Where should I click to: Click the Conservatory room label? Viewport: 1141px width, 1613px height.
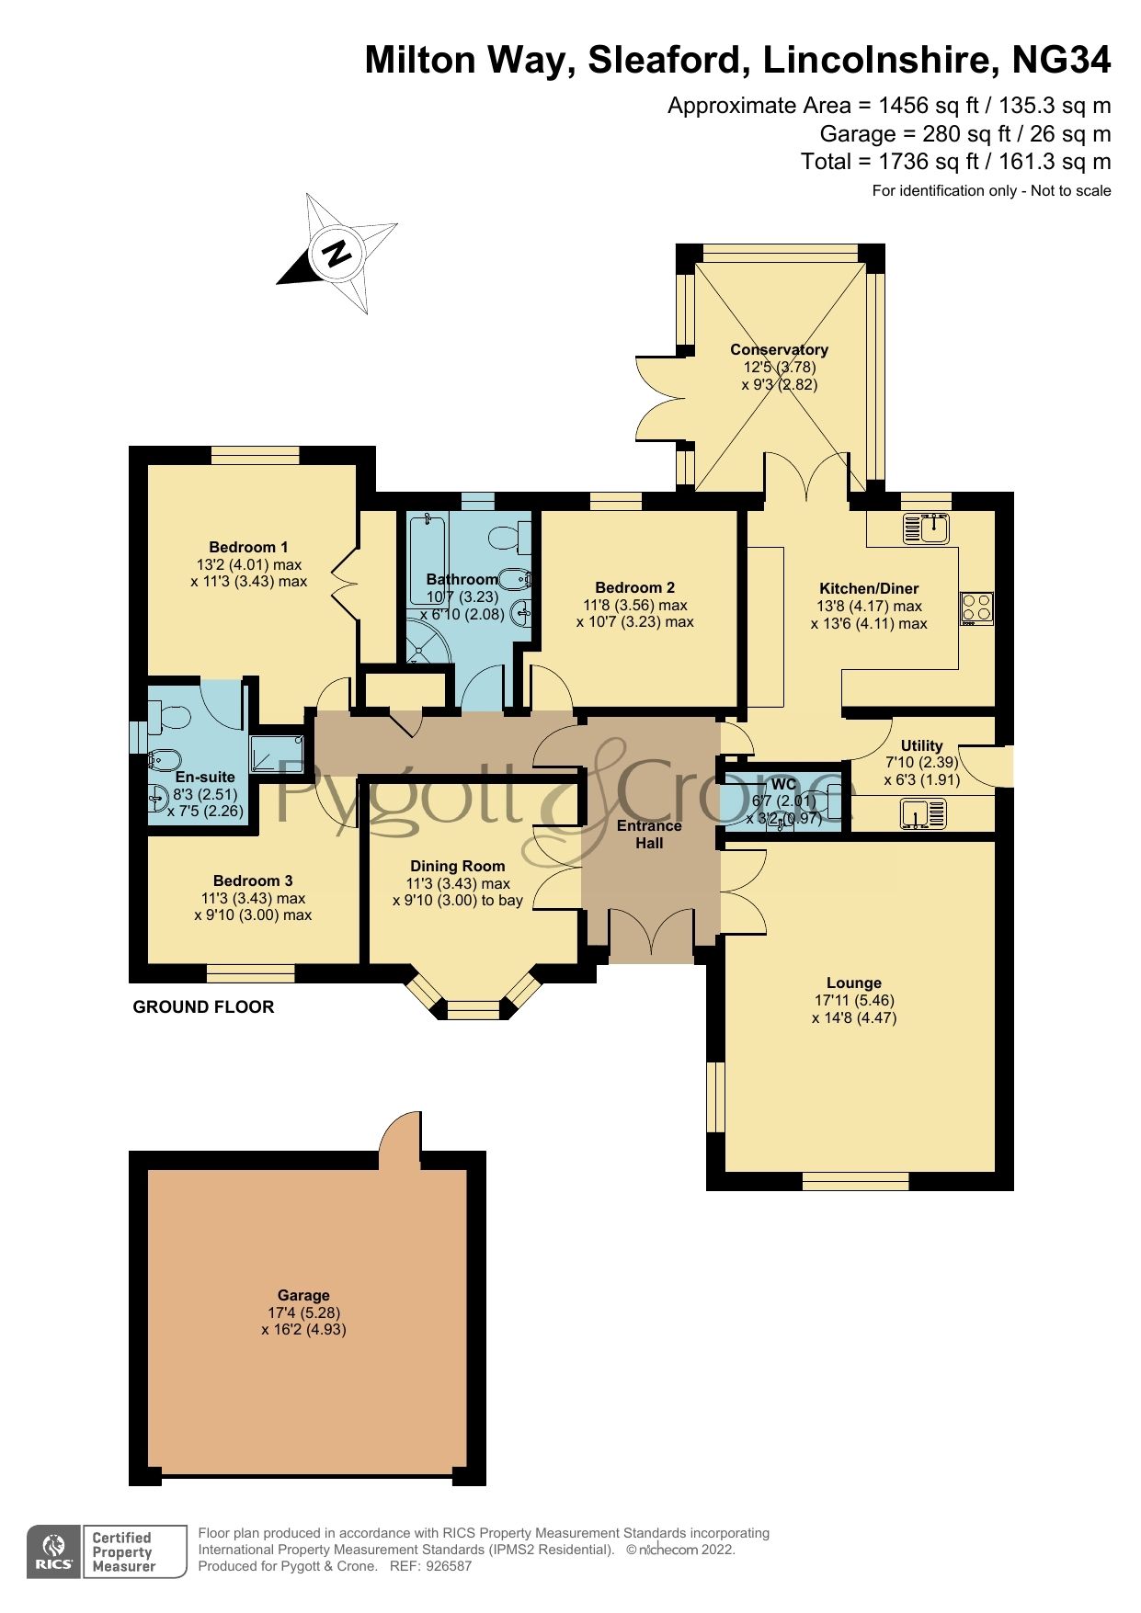[779, 349]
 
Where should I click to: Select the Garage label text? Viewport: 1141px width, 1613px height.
[303, 1295]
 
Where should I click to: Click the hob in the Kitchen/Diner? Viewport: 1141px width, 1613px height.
[976, 608]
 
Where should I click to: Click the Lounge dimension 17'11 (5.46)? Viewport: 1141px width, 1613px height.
[853, 1000]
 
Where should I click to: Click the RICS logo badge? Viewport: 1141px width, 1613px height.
[54, 1551]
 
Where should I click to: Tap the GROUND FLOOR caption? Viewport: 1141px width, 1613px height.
[203, 1006]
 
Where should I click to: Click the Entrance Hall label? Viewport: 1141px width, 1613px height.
[649, 834]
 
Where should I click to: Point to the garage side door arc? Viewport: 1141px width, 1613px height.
[400, 1138]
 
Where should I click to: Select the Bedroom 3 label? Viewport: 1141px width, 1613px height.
[253, 880]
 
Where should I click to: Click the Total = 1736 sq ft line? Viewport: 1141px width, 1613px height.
[955, 162]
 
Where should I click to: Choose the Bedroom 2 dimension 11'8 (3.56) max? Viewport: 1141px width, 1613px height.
[634, 605]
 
